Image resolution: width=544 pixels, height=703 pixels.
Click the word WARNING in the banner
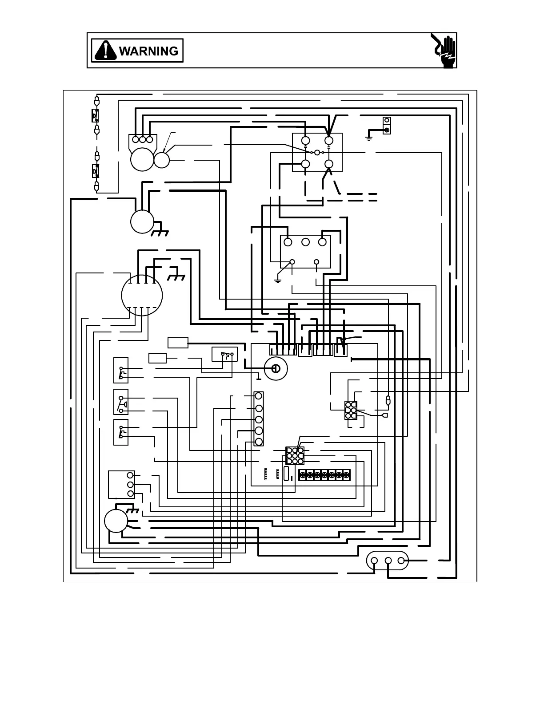(148, 51)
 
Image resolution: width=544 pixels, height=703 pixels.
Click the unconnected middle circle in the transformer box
(305, 242)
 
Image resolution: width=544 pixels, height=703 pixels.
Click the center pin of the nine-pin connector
(295, 456)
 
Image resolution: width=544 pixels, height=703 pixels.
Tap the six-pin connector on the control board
(351, 411)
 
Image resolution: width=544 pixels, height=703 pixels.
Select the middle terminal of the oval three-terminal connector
(388, 561)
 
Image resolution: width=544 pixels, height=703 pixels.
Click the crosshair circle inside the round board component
(275, 368)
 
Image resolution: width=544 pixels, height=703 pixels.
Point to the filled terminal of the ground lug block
(387, 130)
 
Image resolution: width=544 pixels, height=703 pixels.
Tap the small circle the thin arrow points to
(162, 160)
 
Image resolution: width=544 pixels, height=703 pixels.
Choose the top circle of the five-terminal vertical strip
(259, 395)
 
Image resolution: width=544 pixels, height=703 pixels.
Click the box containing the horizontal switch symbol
(225, 354)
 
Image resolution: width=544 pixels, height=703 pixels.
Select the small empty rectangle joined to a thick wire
(178, 343)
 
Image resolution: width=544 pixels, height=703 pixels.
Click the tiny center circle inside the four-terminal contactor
(317, 152)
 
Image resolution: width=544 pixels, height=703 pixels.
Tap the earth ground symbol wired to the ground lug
(368, 138)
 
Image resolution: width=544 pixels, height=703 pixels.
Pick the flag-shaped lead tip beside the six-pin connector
(385, 415)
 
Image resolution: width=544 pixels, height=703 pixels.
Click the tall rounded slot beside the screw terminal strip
(286, 474)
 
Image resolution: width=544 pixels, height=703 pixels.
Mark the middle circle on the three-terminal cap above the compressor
(143, 139)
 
